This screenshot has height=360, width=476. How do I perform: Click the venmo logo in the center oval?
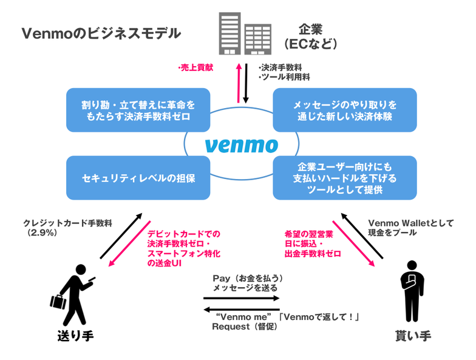tap(241, 145)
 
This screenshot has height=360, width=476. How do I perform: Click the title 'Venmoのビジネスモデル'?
tap(101, 33)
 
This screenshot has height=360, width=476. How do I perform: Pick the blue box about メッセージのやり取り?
tap(345, 110)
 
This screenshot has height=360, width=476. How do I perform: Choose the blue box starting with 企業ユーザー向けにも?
tap(345, 178)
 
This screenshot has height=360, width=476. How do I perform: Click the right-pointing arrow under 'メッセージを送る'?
tap(241, 298)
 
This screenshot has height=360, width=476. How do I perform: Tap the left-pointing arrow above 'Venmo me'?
tap(241, 307)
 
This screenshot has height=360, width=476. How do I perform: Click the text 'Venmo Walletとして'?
tap(410, 223)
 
